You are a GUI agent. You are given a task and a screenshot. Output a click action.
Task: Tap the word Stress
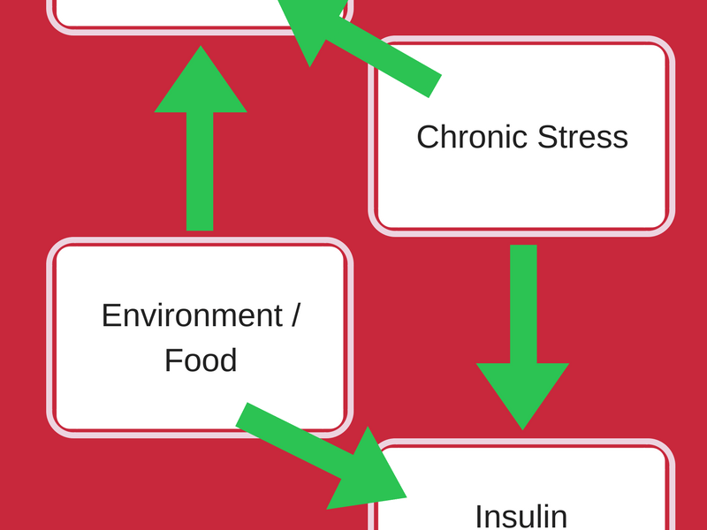point(583,137)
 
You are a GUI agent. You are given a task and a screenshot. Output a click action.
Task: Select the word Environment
point(192,315)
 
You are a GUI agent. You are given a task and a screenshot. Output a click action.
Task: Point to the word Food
point(201,360)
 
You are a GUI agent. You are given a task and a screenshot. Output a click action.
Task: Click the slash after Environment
point(294,315)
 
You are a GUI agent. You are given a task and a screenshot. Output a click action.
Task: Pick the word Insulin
point(521,517)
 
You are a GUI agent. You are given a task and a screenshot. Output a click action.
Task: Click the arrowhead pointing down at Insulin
point(522,396)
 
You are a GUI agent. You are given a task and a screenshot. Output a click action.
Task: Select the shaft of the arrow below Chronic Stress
point(523,304)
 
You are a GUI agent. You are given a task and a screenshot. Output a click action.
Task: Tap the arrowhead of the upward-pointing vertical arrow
point(201,79)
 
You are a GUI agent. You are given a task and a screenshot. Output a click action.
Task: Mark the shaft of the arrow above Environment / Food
point(200,171)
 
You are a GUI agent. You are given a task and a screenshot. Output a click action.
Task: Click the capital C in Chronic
point(429,137)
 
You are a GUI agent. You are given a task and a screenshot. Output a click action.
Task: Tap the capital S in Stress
point(549,137)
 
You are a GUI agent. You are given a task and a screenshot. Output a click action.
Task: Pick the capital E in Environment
point(112,315)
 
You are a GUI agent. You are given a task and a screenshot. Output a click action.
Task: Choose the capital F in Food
point(173,360)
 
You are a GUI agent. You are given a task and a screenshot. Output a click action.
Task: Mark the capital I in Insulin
point(478,517)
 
